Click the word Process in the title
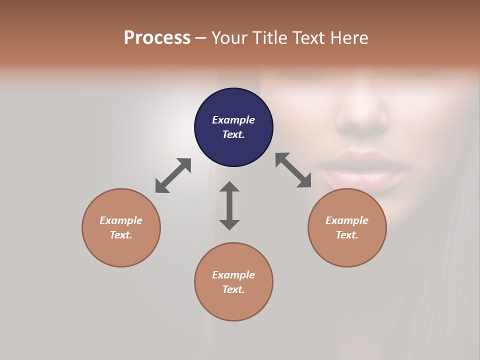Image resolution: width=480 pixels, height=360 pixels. point(157,38)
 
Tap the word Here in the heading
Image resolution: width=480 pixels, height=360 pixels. point(349,38)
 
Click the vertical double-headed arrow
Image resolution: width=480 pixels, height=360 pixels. point(229,206)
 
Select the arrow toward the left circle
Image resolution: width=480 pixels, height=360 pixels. point(173,175)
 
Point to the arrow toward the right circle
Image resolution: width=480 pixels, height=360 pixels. point(293,170)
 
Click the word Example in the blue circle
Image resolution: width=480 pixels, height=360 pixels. point(233,120)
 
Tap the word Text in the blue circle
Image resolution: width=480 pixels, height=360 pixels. point(233,134)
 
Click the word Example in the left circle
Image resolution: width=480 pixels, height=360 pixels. point(121,220)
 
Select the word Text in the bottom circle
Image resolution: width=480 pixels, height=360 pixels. point(233,289)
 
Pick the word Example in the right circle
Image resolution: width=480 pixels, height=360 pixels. point(347,220)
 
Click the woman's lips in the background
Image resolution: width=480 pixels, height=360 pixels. point(361,170)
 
